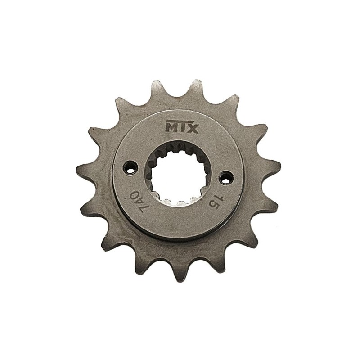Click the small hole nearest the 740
tap(130, 166)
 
